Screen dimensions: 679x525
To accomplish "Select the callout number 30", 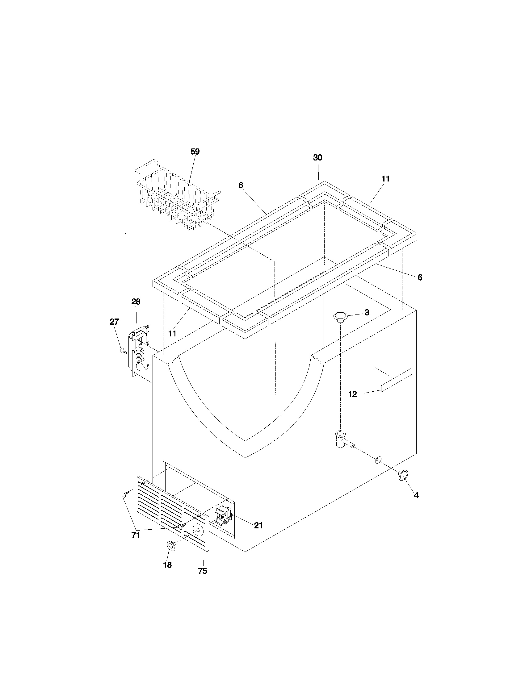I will [317, 158].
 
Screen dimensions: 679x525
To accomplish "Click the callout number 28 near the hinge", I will [136, 302].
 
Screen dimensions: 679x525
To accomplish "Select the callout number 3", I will [367, 312].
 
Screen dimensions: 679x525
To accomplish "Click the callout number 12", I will [353, 394].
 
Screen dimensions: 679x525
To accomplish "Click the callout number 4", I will [416, 495].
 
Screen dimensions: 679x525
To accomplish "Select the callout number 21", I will [258, 525].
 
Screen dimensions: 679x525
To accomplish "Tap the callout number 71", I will [136, 535].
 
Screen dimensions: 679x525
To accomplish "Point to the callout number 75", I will [203, 571].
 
